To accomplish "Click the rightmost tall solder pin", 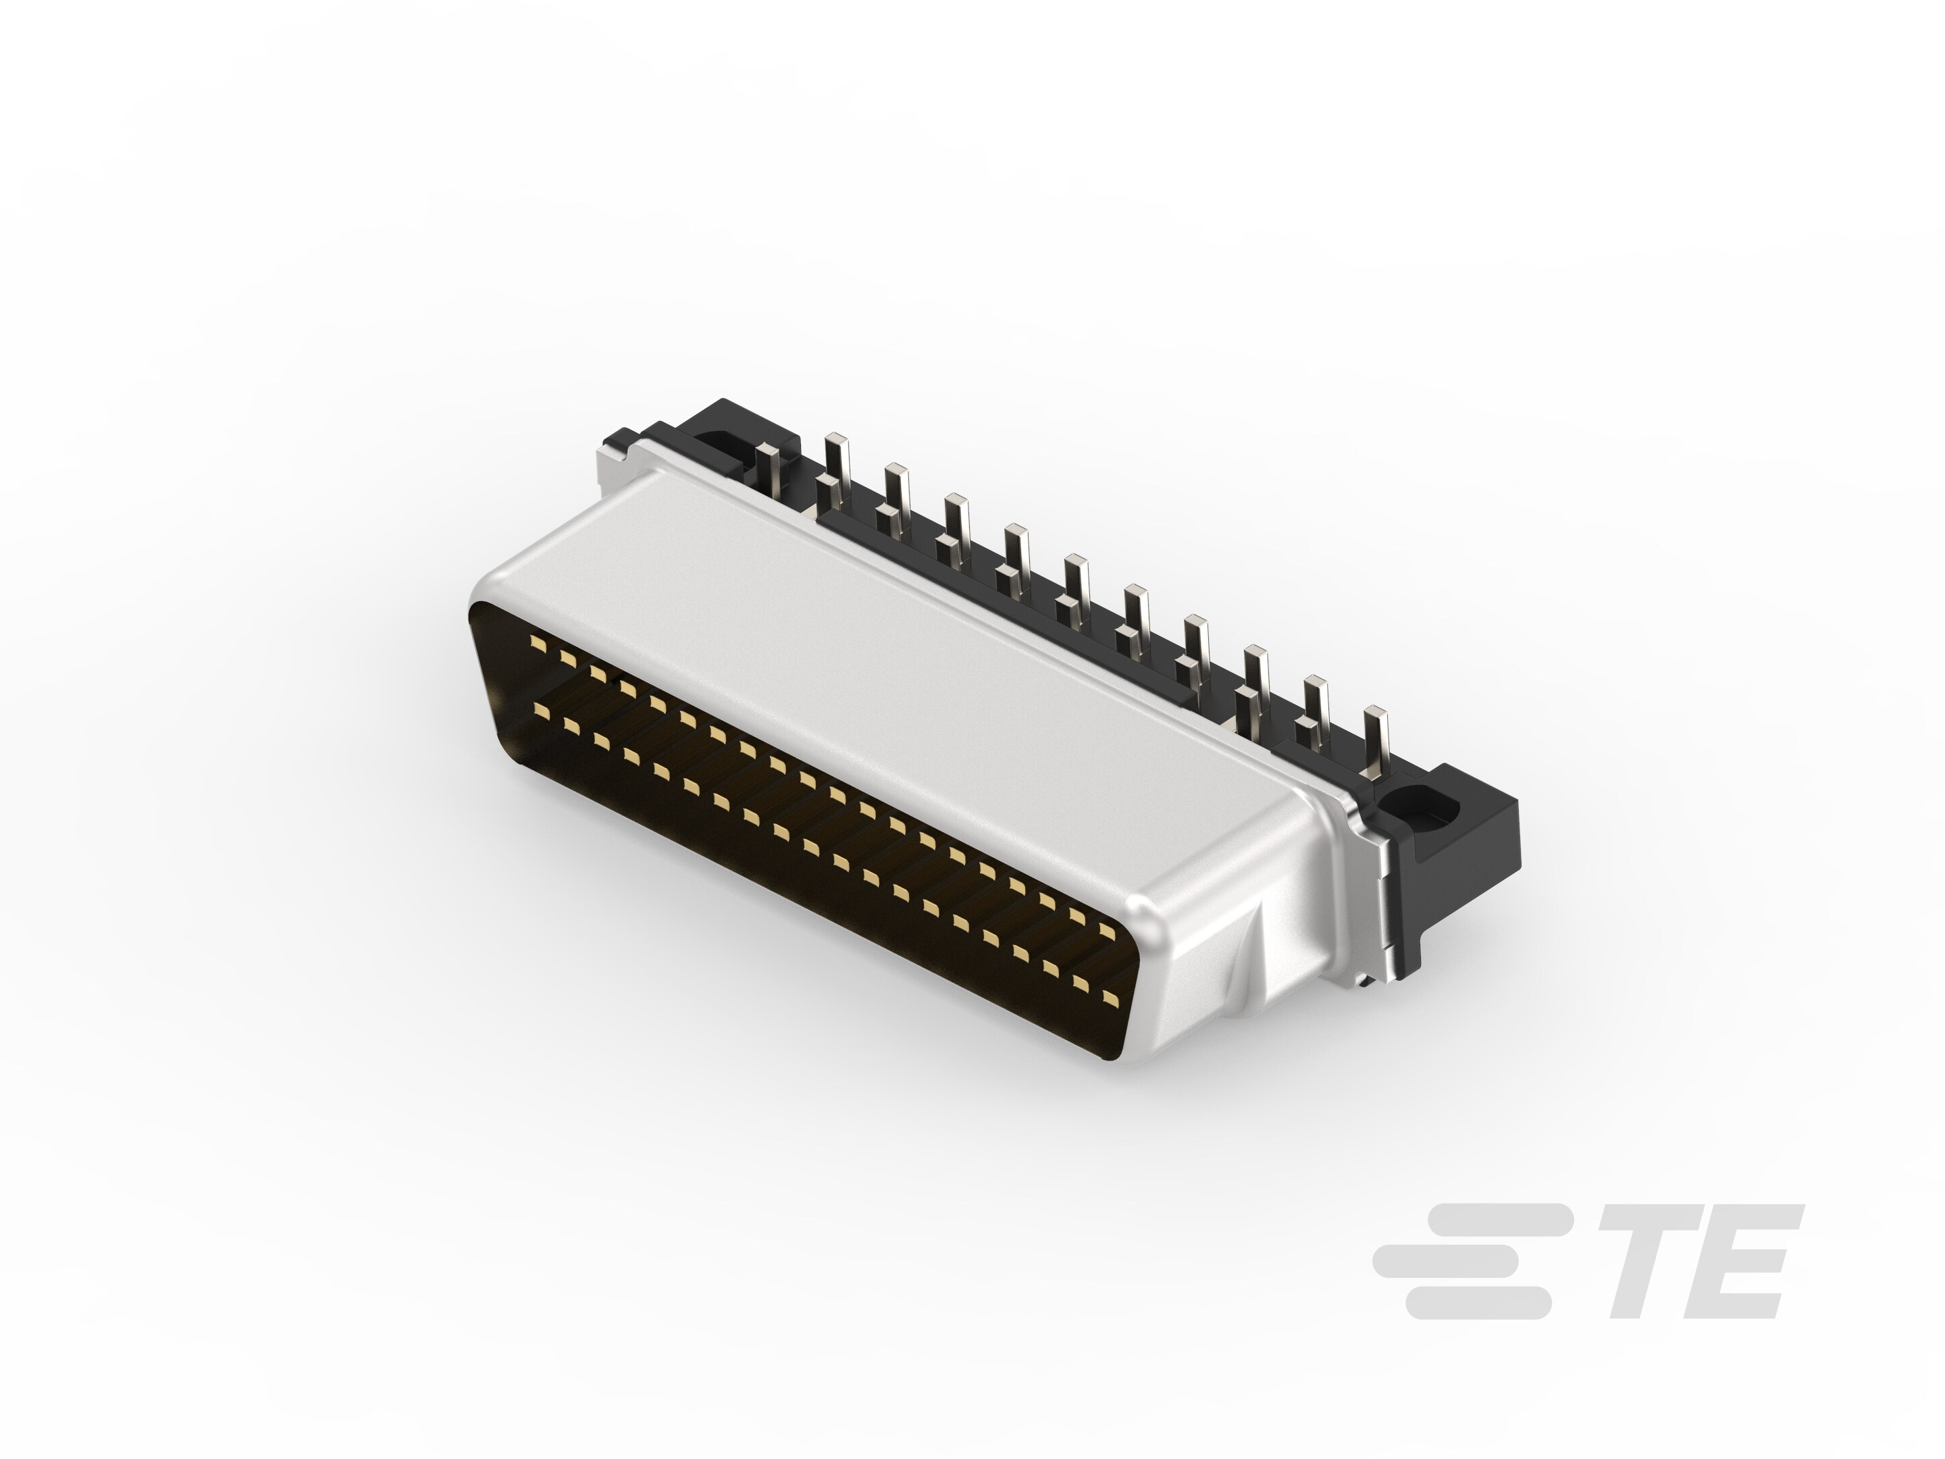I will click(1377, 740).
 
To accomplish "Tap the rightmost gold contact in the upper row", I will click(1106, 931).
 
